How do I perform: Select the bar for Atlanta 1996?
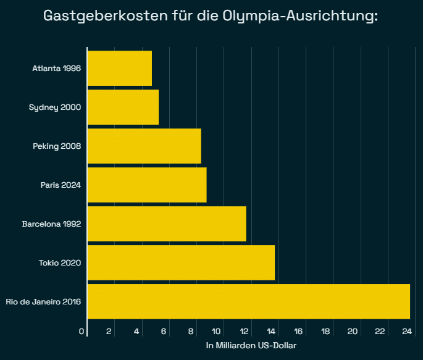pos(120,69)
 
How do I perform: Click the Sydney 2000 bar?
pos(123,107)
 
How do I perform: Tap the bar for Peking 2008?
pos(144,146)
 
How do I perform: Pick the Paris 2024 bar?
pos(147,185)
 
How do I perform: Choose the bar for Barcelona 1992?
pos(167,224)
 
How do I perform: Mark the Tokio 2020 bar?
pos(181,262)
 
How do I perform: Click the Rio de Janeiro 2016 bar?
pos(249,301)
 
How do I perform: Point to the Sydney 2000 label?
pos(55,107)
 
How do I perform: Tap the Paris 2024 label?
pos(61,185)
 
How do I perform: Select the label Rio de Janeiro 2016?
pos(43,301)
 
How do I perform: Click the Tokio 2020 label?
pos(60,262)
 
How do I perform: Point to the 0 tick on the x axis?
pos(82,332)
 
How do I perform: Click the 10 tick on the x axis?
pos(217,332)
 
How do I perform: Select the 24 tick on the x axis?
pos(407,332)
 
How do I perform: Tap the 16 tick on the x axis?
pos(299,332)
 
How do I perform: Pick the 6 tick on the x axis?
pos(164,332)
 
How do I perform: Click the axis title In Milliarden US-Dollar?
pos(251,345)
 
